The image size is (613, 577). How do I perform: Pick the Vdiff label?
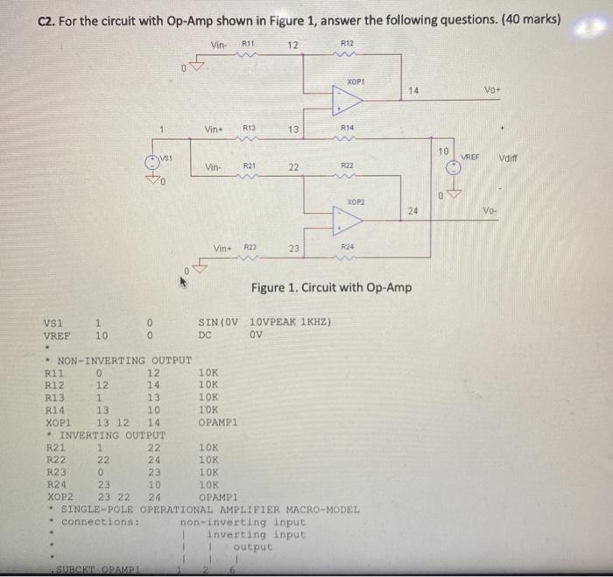(x=510, y=158)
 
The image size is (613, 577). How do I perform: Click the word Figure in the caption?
(x=271, y=287)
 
